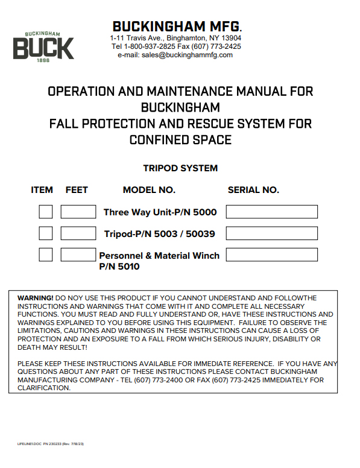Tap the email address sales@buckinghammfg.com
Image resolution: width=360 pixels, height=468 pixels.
[x=175, y=55]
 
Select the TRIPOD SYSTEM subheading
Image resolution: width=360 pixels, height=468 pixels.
[x=180, y=168]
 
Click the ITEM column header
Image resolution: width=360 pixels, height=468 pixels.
[x=42, y=190]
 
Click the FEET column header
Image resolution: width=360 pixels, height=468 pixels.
[x=77, y=190]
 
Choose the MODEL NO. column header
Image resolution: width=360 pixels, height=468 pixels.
[x=149, y=190]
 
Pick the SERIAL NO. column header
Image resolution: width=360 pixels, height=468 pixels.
[x=253, y=190]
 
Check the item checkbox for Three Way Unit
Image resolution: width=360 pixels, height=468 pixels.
[x=46, y=212]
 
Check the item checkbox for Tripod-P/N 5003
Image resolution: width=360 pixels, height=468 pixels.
[x=46, y=233]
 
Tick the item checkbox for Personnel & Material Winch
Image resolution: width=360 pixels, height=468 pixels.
[x=46, y=255]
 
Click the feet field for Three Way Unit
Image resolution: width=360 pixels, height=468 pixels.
[x=78, y=212]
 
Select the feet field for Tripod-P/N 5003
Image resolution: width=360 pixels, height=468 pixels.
[x=78, y=233]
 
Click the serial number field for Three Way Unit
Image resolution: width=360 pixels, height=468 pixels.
[x=271, y=212]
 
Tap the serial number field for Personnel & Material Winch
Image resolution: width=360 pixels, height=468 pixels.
[x=271, y=255]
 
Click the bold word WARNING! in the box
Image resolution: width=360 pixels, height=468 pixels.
[x=35, y=299]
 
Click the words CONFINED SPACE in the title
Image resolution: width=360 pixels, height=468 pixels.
[x=180, y=141]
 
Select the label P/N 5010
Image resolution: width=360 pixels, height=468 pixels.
[x=119, y=266]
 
